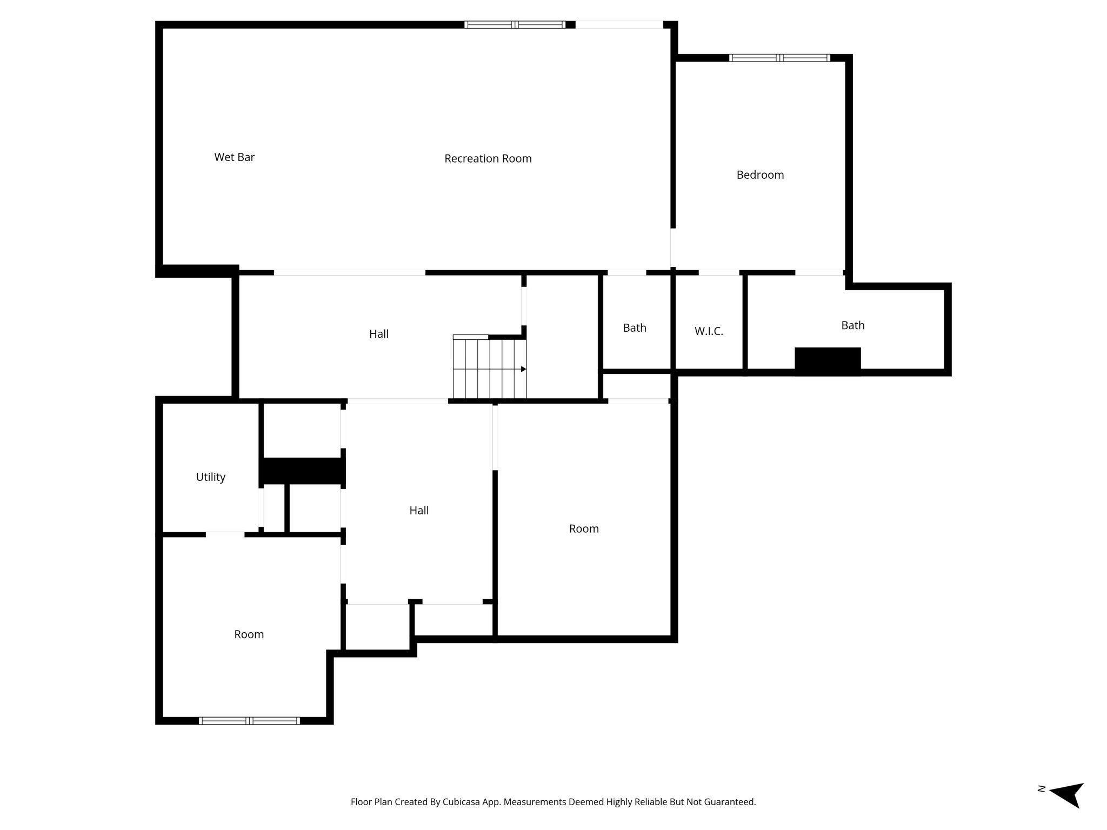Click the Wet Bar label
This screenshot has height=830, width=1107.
click(x=234, y=157)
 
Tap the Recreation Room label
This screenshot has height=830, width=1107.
click(x=488, y=158)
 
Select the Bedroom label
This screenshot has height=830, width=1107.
click(x=760, y=175)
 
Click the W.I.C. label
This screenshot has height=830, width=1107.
click(x=709, y=331)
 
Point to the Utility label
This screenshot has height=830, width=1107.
click(x=210, y=477)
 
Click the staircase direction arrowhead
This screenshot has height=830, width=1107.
click(x=523, y=369)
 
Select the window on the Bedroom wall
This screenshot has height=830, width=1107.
click(x=779, y=58)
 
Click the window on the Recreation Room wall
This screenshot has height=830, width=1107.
click(x=515, y=24)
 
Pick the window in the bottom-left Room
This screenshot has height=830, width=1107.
click(x=249, y=720)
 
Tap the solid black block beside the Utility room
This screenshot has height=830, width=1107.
click(x=303, y=471)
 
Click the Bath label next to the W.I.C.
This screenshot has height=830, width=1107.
click(x=635, y=328)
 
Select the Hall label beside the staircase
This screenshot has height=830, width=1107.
click(x=379, y=334)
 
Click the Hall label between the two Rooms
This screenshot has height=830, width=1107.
click(x=419, y=510)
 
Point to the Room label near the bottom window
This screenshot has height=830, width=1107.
click(x=249, y=634)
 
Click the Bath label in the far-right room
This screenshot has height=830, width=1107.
click(x=853, y=325)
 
